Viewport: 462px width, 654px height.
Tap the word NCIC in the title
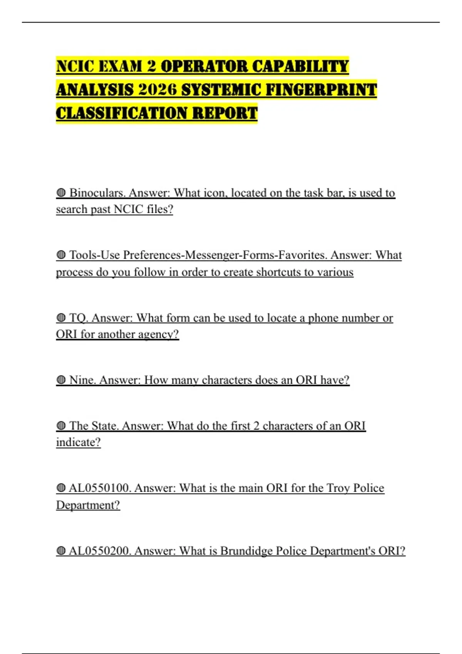pyautogui.click(x=75, y=67)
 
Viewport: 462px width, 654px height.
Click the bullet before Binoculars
pyautogui.click(x=61, y=193)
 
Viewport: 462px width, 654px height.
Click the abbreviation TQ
pyautogui.click(x=78, y=318)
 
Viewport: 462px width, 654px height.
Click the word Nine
pyautogui.click(x=82, y=380)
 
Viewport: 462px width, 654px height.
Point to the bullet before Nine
pyautogui.click(x=61, y=380)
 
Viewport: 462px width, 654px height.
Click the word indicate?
pyautogui.click(x=78, y=442)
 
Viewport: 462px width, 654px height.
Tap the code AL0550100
pyautogui.click(x=100, y=488)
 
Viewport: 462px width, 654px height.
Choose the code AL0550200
pyautogui.click(x=100, y=551)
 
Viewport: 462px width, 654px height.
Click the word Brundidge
pyautogui.click(x=243, y=551)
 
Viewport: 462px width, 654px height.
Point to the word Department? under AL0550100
pyautogui.click(x=88, y=505)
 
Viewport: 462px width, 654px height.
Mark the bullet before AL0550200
pyautogui.click(x=61, y=551)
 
